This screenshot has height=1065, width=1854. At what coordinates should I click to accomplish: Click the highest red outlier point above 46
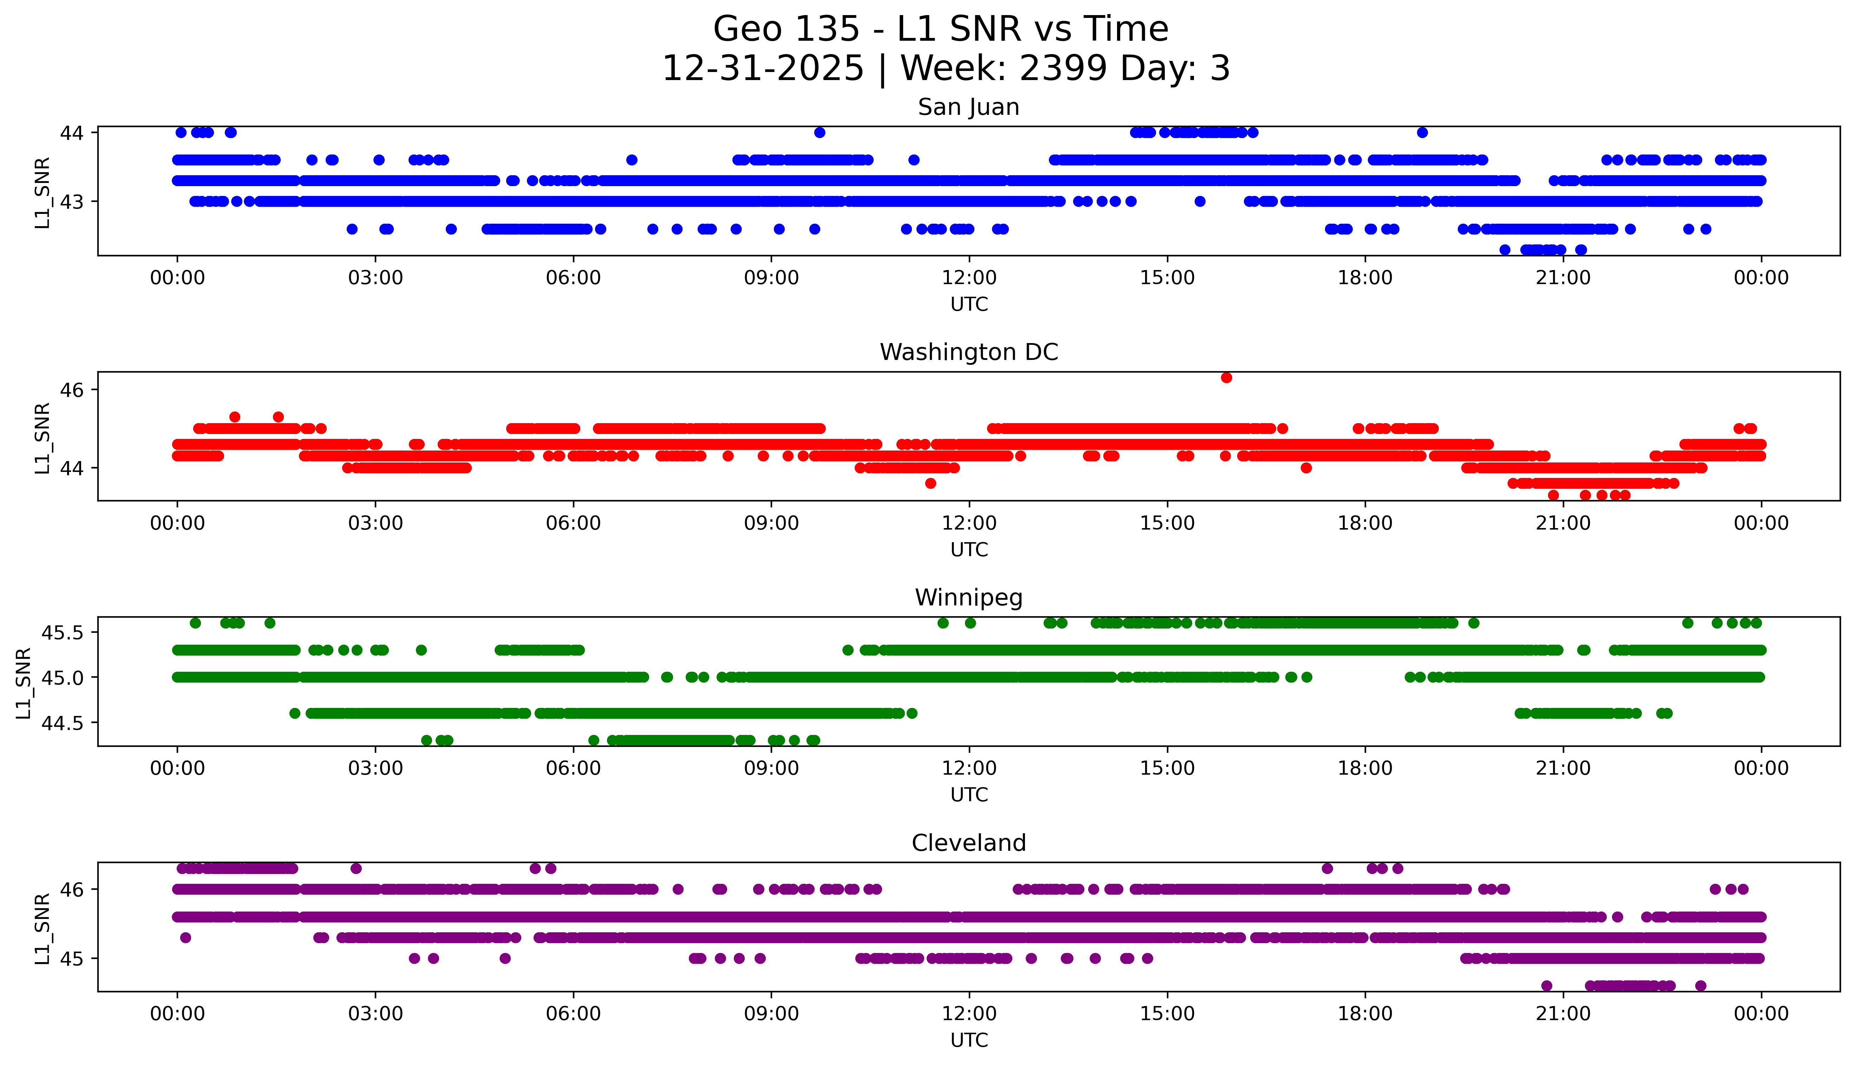(x=1226, y=377)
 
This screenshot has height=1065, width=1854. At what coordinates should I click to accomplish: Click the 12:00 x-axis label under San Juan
(x=969, y=278)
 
